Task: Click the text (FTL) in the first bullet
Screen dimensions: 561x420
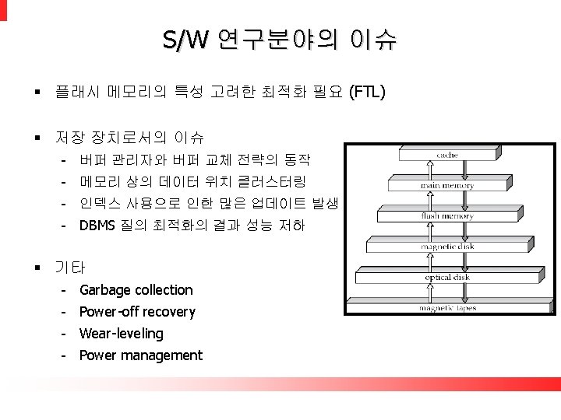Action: (x=367, y=94)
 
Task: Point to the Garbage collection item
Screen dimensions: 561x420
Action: (x=136, y=290)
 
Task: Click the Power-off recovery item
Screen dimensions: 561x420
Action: (x=137, y=312)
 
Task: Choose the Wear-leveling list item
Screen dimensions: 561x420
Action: (x=122, y=334)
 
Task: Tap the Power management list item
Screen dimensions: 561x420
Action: (x=140, y=355)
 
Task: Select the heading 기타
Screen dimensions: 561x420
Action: (x=70, y=268)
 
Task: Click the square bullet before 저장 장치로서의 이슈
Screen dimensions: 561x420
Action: (x=36, y=138)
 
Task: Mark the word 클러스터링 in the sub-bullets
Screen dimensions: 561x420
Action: (x=277, y=183)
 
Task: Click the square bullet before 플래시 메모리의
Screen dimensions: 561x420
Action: (x=36, y=94)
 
